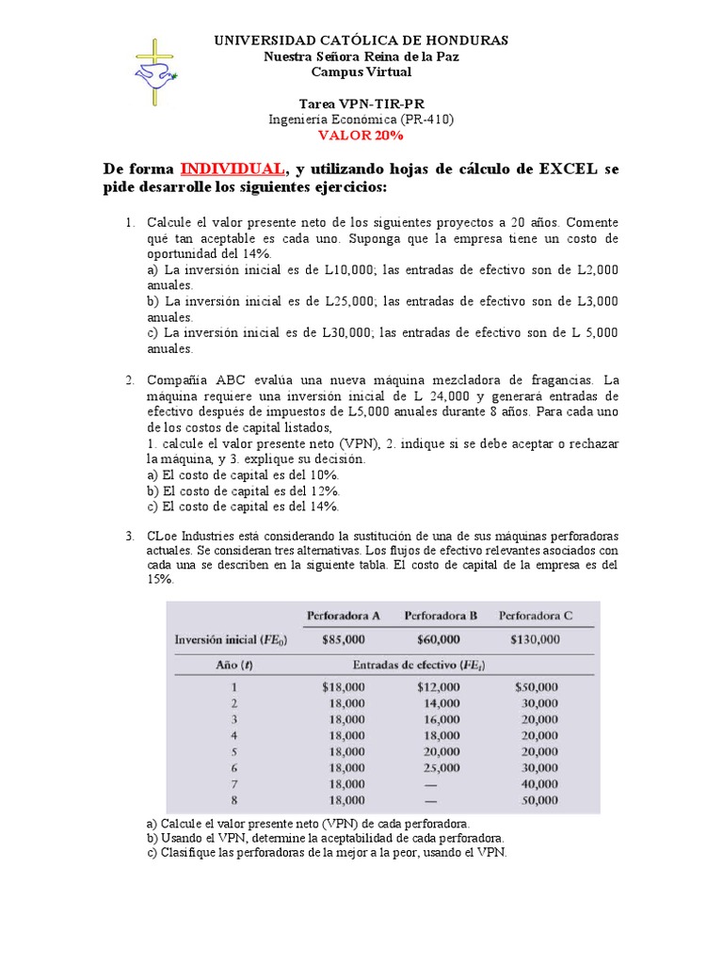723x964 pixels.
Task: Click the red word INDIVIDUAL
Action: click(x=232, y=169)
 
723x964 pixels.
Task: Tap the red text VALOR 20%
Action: click(x=361, y=136)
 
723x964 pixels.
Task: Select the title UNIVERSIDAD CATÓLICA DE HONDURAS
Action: click(x=361, y=40)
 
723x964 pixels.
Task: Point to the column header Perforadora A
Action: click(x=343, y=616)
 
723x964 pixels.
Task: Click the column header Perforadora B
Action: click(x=441, y=616)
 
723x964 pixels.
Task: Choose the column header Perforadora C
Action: click(x=535, y=616)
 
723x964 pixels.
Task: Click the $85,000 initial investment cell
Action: click(x=344, y=639)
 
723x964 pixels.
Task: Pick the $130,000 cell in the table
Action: click(x=535, y=639)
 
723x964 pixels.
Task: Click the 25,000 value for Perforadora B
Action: click(x=442, y=768)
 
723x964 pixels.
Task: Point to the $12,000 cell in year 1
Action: click(x=439, y=687)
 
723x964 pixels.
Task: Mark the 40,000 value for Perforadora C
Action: click(x=538, y=784)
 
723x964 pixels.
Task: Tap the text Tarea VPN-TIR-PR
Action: click(x=361, y=104)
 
